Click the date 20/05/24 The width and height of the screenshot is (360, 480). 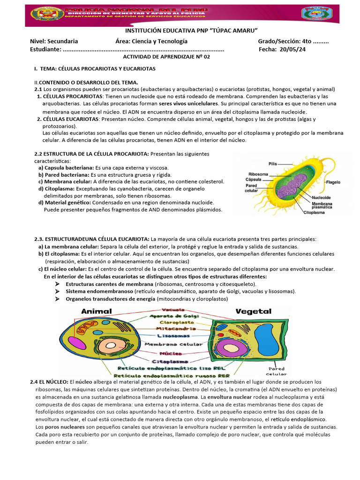[x=292, y=49]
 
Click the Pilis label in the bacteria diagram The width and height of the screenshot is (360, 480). [x=272, y=164]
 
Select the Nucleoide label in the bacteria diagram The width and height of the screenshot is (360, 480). [x=322, y=197]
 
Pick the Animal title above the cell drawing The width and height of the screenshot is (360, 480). [x=97, y=311]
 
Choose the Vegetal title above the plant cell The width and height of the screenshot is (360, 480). [x=254, y=311]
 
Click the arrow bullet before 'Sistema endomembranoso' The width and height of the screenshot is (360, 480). [x=57, y=291]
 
